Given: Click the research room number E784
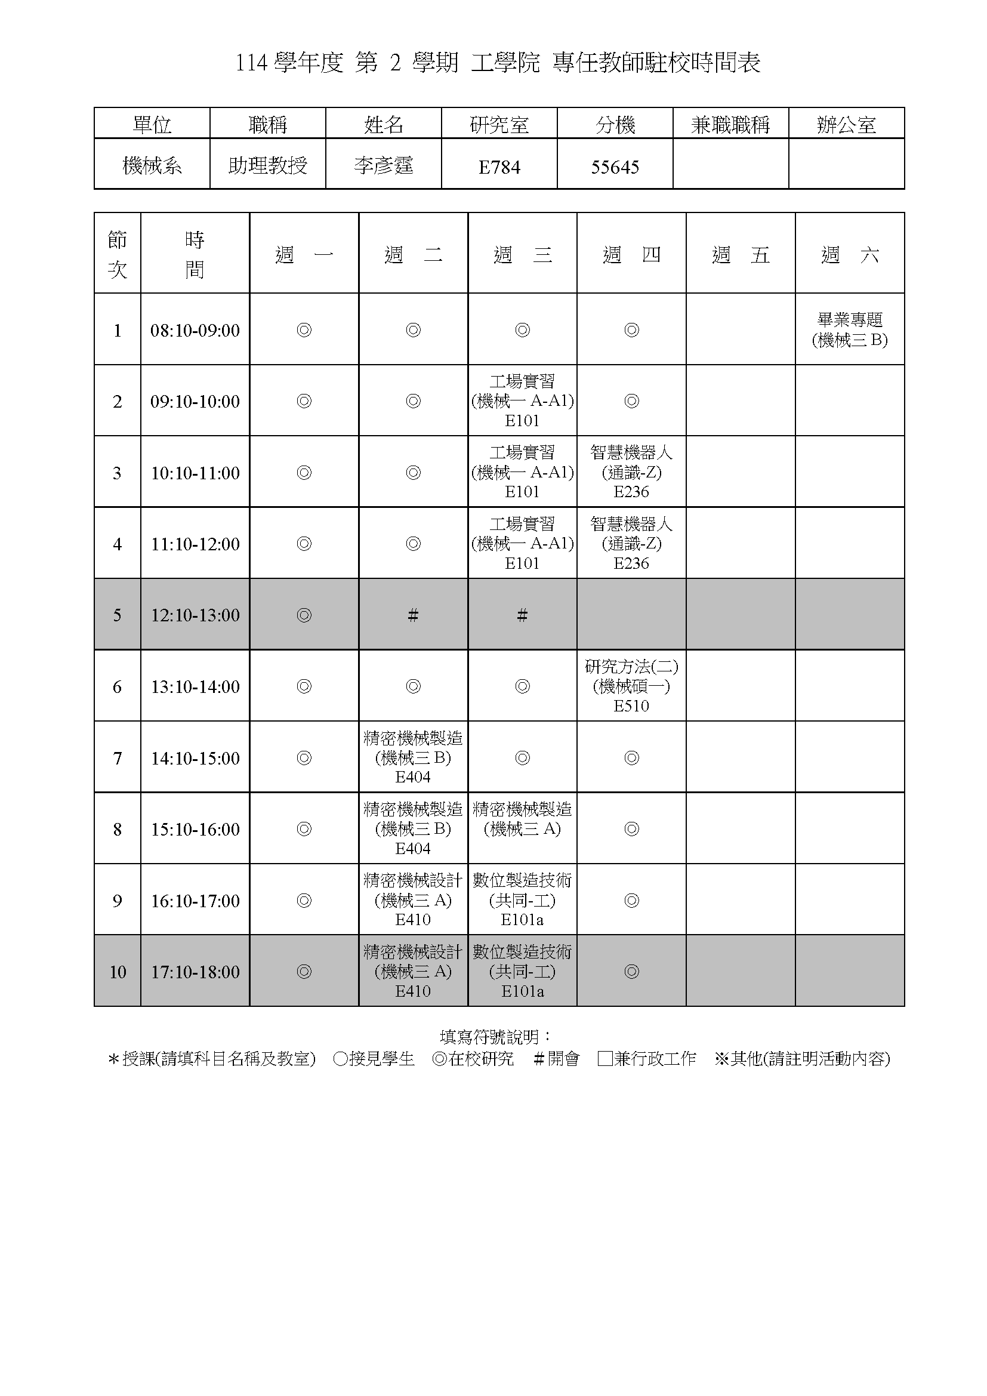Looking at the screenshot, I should tap(499, 167).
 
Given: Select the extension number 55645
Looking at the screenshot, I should tap(615, 167).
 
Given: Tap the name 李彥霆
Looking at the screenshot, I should tap(384, 165).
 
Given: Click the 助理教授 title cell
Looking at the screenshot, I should tap(268, 165).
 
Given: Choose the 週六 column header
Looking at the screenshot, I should tap(850, 254).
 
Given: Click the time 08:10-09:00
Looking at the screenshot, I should tap(195, 330).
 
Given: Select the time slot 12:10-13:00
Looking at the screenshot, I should tap(195, 615).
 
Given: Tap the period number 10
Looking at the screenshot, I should tap(118, 972).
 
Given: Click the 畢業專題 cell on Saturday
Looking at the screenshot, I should tap(850, 329).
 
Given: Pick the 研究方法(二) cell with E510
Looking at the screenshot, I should tap(631, 686).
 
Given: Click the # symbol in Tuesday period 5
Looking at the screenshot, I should tap(414, 615).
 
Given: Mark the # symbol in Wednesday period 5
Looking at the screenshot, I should tap(522, 615).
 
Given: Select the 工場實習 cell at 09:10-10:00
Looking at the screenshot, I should tap(522, 400).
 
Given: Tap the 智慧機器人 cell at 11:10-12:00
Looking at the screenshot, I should tap(631, 543).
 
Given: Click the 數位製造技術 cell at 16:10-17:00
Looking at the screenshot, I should tap(522, 900).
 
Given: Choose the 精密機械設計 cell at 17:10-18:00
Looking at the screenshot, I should tap(414, 971).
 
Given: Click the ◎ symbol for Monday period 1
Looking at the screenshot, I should tap(304, 330).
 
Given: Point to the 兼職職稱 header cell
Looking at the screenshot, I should tap(730, 125).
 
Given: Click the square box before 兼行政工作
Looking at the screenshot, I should tap(604, 1059).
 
